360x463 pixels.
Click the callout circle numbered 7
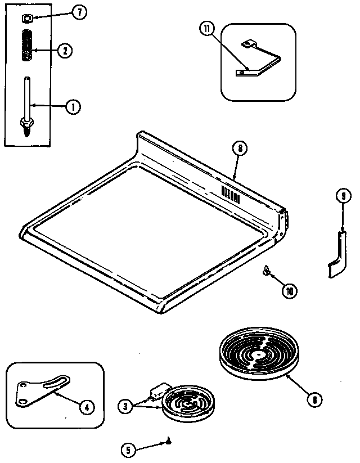coord(80,14)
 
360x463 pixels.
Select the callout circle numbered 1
coord(72,105)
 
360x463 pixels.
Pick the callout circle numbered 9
coord(343,196)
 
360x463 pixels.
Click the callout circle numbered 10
coord(290,291)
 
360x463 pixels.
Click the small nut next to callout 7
coord(26,19)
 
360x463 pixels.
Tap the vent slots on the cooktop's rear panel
coord(231,195)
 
